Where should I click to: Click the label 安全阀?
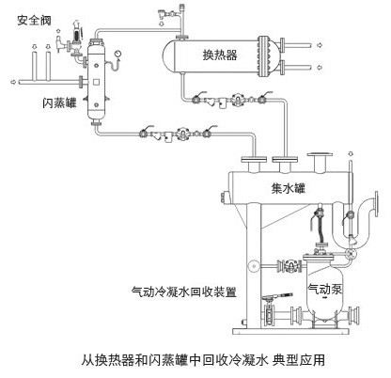34,21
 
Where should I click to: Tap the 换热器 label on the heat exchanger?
220,55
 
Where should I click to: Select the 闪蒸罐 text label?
59,102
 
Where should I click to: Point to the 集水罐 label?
288,188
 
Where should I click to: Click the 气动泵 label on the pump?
324,289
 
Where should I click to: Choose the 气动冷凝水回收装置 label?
184,291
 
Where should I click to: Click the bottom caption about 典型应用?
203,359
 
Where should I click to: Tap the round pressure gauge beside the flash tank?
117,54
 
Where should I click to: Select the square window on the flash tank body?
96,82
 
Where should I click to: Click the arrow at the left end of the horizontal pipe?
13,82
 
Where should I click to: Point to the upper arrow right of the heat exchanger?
320,45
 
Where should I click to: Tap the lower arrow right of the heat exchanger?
320,67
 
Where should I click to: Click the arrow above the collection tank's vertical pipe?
351,153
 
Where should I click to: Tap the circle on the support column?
253,266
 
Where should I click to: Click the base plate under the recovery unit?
290,331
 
